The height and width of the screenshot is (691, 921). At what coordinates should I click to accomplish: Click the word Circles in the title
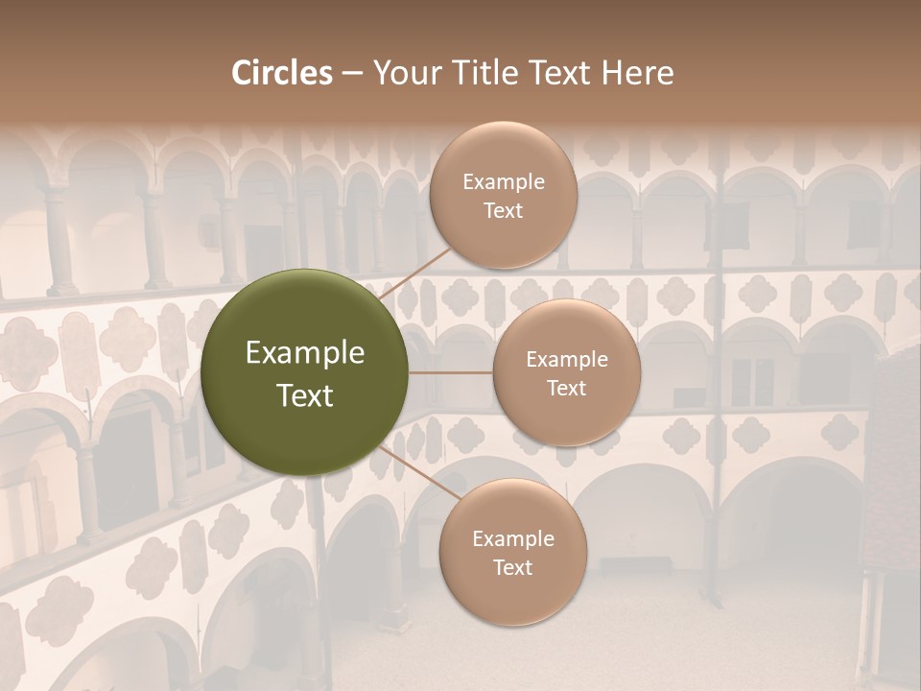(x=281, y=73)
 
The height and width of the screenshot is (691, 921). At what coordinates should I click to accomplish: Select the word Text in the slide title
(x=567, y=73)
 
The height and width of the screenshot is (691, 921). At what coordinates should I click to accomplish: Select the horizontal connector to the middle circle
(x=451, y=372)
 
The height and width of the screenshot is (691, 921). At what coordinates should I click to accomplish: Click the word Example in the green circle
(x=305, y=353)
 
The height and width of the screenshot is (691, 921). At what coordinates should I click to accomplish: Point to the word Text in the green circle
(x=305, y=395)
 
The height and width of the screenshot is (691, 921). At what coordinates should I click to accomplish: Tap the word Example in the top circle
(x=503, y=181)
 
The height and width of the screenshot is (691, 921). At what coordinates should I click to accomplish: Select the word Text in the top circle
(x=503, y=210)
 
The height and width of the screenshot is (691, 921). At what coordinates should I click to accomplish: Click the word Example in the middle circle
(x=566, y=359)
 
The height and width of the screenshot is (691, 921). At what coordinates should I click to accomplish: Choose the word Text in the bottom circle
(x=512, y=567)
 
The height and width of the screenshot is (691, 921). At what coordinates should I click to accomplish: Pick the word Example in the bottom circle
(x=512, y=538)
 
